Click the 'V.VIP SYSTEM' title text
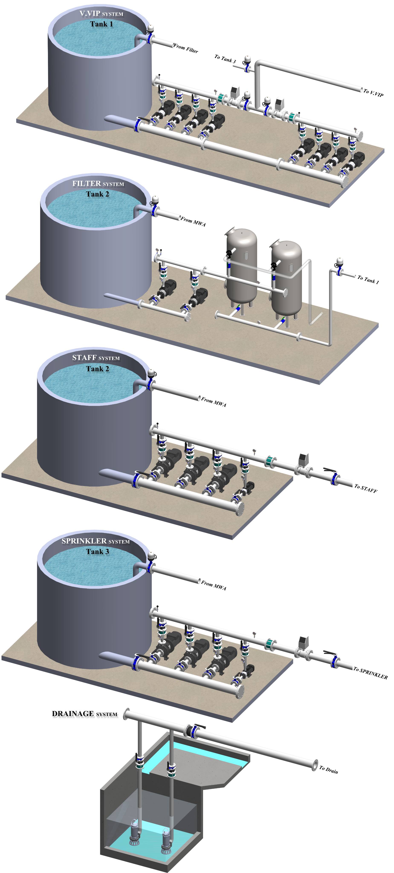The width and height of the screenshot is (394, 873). point(101,14)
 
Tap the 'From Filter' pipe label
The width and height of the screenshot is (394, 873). point(186,48)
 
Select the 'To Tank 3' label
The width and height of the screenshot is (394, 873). point(225,59)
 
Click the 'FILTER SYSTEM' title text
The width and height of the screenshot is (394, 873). point(98,184)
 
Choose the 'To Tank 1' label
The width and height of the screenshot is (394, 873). point(368,279)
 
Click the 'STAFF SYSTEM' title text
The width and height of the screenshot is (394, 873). point(96,358)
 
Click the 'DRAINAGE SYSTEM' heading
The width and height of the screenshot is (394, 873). point(84,714)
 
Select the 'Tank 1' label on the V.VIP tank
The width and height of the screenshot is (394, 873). point(101,24)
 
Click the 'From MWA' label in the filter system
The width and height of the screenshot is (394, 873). point(193,222)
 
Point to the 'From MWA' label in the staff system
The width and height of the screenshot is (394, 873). point(214,402)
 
